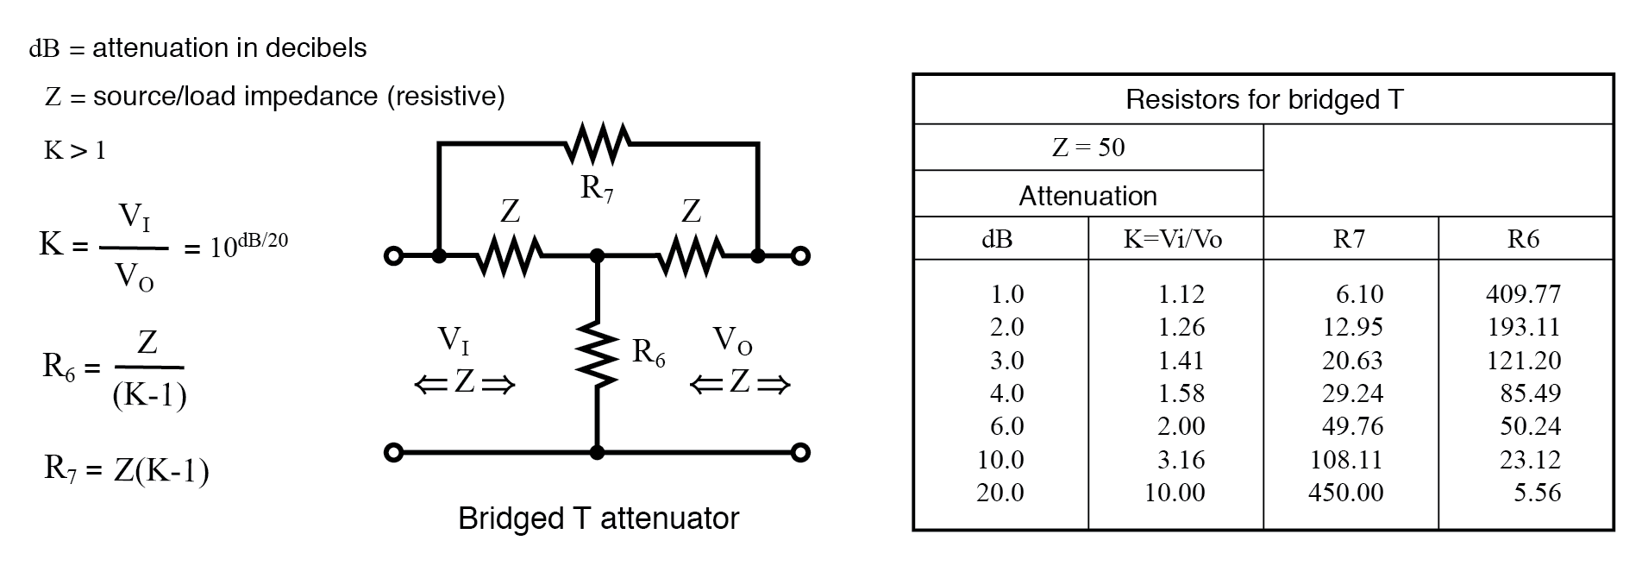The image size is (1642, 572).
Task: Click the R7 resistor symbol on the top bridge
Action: [x=597, y=144]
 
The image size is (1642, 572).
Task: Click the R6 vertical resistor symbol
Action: [x=597, y=353]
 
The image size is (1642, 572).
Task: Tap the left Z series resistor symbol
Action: [x=509, y=256]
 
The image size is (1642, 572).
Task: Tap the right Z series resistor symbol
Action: [x=692, y=256]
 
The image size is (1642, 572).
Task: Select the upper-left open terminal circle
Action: [x=393, y=256]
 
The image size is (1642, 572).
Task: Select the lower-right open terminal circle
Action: [x=800, y=452]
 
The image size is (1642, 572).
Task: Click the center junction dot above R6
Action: [x=597, y=256]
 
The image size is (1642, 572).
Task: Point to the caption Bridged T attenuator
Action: [x=599, y=519]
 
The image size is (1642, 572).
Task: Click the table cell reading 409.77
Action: [x=1523, y=294]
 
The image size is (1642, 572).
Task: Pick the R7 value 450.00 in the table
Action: [x=1345, y=493]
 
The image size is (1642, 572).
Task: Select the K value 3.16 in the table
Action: [x=1181, y=460]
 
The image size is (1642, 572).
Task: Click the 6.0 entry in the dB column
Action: [x=1006, y=426]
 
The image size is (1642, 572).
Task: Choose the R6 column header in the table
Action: [x=1523, y=239]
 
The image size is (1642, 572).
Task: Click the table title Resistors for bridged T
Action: [x=1264, y=100]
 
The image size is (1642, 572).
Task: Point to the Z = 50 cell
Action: [x=1088, y=148]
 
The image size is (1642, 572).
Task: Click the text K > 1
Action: [x=75, y=151]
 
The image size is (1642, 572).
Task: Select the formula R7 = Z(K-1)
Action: [x=127, y=470]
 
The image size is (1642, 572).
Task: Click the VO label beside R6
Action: [x=733, y=341]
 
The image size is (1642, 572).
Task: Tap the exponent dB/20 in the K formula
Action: [x=263, y=240]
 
